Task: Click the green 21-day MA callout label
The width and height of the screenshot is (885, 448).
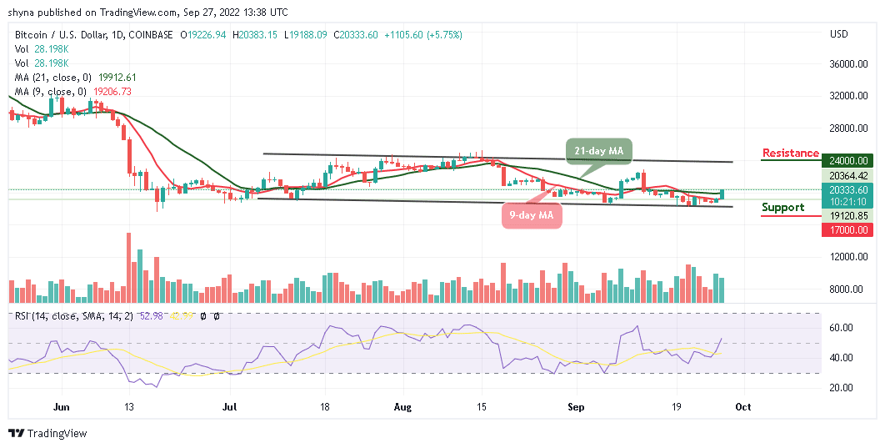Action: [x=600, y=150]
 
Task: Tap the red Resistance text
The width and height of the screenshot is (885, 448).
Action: [x=791, y=153]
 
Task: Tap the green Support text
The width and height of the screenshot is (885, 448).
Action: [x=782, y=207]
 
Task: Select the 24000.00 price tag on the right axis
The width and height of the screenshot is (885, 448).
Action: [x=849, y=161]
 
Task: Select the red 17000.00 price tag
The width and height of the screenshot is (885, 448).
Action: [x=849, y=229]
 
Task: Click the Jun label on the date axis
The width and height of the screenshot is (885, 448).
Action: [x=61, y=407]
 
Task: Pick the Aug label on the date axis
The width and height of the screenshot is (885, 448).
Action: [x=402, y=407]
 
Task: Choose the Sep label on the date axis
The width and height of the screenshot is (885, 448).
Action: [x=574, y=407]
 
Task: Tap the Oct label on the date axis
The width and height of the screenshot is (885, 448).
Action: [x=743, y=407]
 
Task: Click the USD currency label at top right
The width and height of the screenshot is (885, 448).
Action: [x=838, y=34]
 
